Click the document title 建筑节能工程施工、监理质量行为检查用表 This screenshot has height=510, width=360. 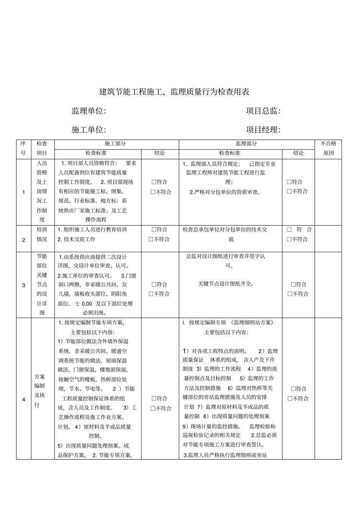point(174,92)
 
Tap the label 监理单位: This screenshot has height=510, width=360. point(89,111)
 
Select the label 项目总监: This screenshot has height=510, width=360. point(263,111)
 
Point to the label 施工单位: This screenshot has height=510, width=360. point(89,130)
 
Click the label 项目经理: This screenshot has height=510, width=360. point(263,130)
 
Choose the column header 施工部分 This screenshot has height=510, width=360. point(116,144)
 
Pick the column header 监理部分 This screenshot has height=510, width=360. point(246,144)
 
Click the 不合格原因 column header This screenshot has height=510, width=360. point(328,148)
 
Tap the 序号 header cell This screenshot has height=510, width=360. point(23,148)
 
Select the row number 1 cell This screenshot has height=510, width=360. point(23,192)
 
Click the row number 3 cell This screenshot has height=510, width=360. point(23,285)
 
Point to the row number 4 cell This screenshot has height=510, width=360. point(23,399)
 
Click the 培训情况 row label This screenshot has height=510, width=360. point(42,234)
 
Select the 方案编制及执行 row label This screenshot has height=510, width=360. point(40,391)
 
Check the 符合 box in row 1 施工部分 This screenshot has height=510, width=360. point(154,182)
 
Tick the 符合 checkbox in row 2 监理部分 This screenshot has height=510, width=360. point(290,229)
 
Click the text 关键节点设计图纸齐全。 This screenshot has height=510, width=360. point(226,284)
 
